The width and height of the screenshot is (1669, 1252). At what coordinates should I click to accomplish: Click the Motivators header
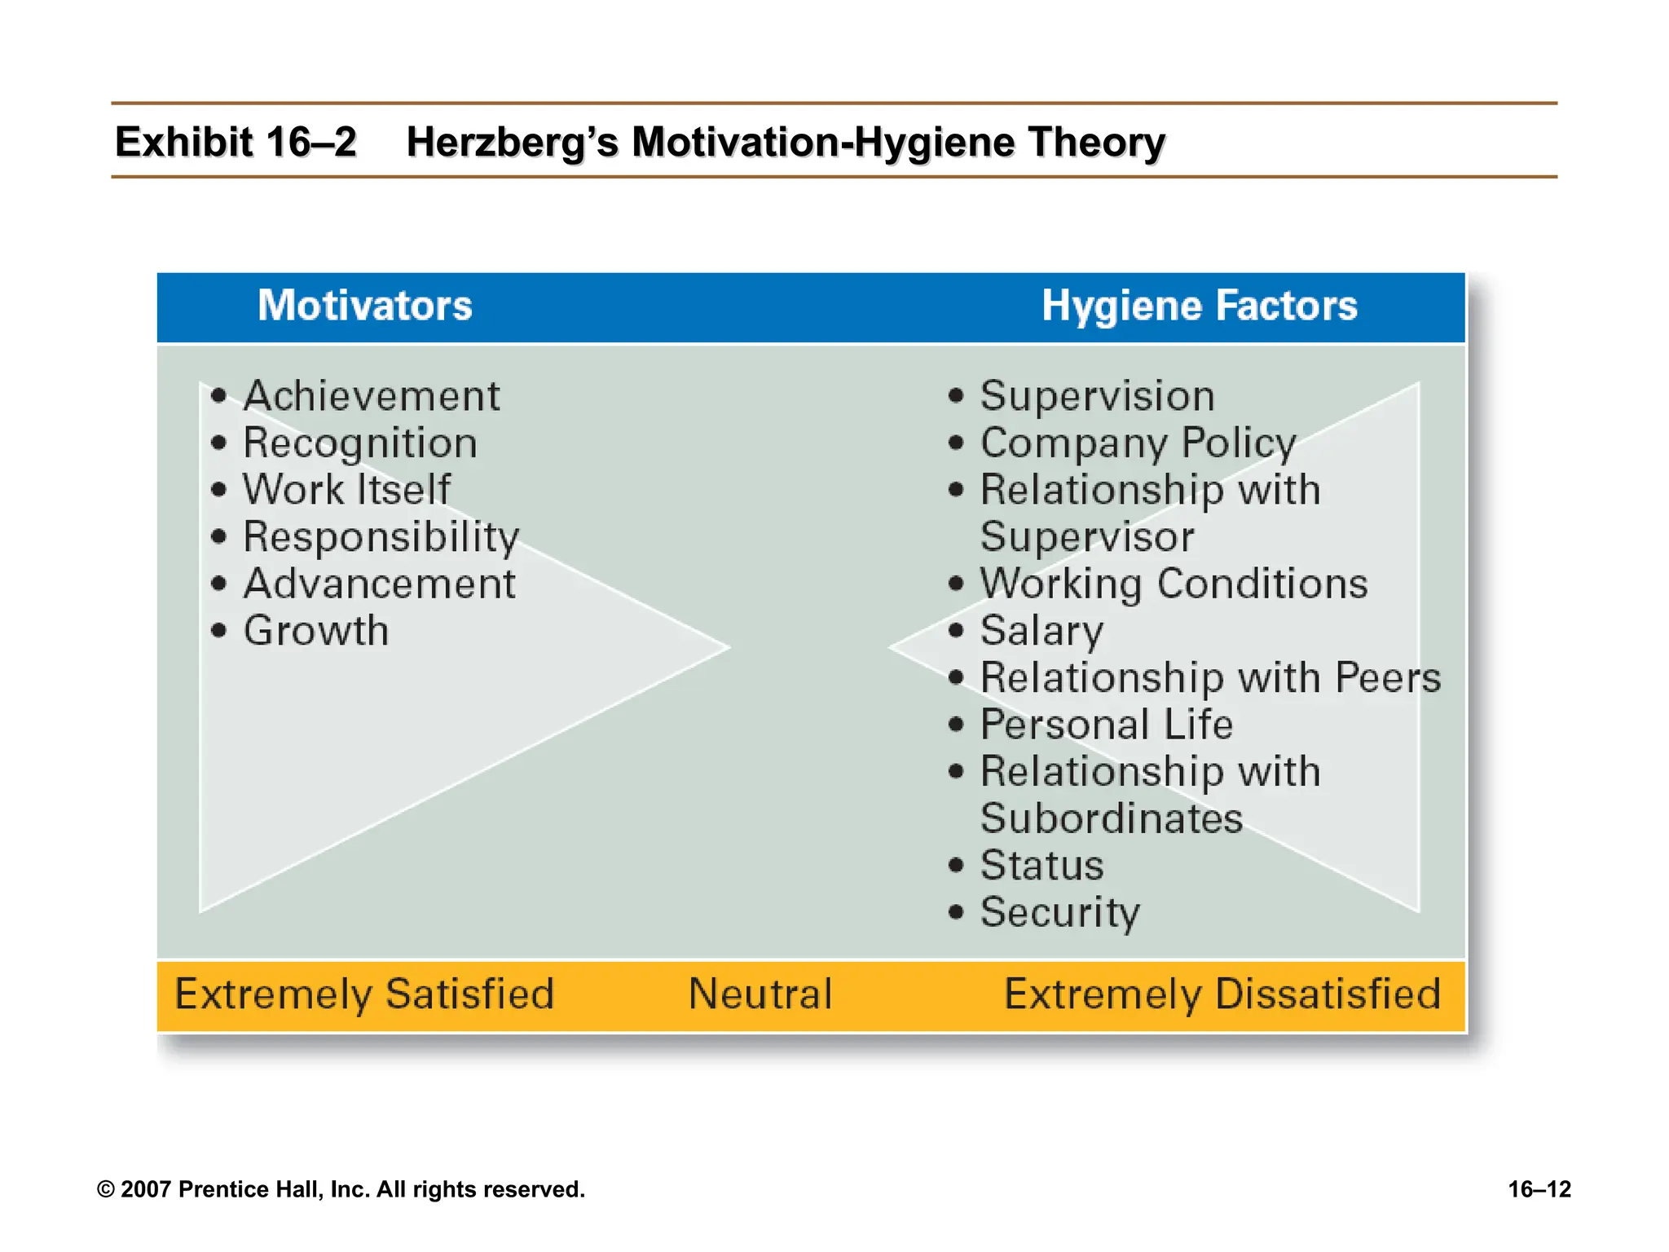364,306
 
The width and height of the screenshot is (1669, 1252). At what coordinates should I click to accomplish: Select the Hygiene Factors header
1199,306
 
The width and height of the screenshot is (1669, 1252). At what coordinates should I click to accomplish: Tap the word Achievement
371,397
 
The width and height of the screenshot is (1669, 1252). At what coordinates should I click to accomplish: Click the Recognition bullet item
359,444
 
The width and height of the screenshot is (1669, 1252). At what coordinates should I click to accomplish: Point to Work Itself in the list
346,491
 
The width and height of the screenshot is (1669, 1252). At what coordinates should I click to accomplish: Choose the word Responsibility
381,538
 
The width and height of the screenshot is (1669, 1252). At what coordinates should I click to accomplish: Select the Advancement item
379,584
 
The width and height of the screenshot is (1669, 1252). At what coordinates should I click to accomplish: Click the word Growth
316,631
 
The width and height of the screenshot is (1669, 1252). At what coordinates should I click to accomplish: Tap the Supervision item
1097,397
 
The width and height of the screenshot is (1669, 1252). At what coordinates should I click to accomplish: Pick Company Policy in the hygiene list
1138,444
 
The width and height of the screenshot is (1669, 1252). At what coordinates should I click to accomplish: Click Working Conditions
1174,584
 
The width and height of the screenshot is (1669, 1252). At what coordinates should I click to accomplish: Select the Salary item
1041,631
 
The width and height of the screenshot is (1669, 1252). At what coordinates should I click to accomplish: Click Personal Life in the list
1106,725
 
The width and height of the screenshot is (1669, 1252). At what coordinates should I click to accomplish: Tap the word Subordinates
1112,818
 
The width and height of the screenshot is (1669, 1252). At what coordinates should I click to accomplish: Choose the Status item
1041,866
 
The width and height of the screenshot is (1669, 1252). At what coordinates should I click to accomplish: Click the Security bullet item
1059,912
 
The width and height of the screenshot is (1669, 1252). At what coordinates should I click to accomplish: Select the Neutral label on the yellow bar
760,994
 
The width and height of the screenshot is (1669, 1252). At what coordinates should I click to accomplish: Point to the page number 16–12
1539,1189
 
